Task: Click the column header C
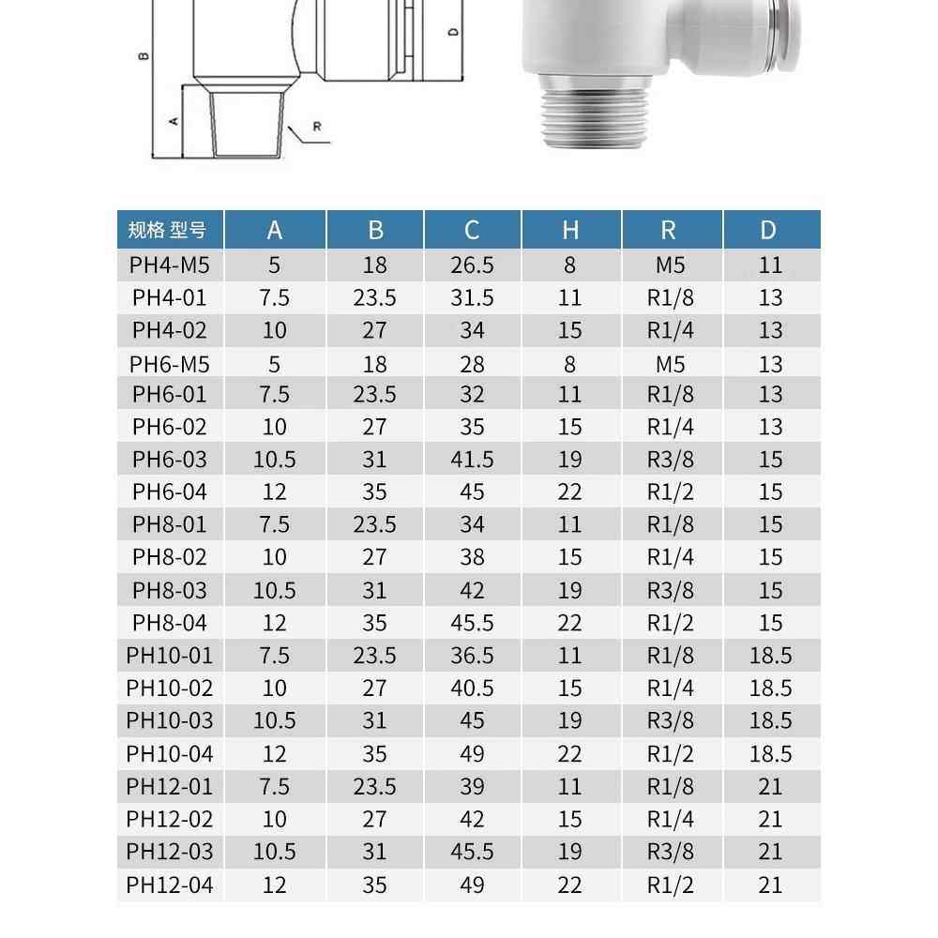click(472, 230)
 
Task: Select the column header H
click(570, 230)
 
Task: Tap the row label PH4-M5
click(170, 265)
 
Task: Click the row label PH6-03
click(170, 460)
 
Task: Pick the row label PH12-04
click(170, 885)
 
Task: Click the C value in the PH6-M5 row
click(472, 364)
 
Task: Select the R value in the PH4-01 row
click(671, 298)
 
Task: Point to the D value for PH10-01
click(770, 656)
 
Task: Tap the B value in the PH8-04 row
click(374, 623)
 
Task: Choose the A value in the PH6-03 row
click(275, 460)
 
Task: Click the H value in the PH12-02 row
click(570, 819)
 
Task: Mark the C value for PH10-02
click(472, 688)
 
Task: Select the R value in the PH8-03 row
click(671, 590)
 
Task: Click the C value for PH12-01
click(472, 786)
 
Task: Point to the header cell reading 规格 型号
click(170, 230)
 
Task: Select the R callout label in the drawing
click(317, 126)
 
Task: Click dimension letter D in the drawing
click(453, 32)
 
